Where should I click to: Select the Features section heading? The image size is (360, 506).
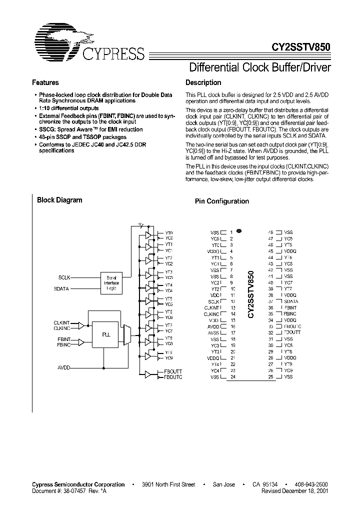click(x=45, y=82)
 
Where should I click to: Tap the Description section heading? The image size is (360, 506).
click(x=203, y=82)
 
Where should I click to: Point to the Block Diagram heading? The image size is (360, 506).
click(x=59, y=200)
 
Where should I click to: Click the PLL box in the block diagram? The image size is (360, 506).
click(x=106, y=334)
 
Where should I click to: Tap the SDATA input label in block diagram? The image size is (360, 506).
click(x=62, y=289)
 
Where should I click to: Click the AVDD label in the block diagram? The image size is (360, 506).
click(x=63, y=367)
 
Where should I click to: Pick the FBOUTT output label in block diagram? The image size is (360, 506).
click(x=173, y=372)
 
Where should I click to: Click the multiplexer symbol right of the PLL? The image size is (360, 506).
click(x=127, y=333)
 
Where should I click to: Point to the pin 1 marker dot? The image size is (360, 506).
click(x=239, y=231)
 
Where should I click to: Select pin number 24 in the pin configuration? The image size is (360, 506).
click(x=232, y=377)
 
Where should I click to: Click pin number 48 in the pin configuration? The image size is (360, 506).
click(x=270, y=232)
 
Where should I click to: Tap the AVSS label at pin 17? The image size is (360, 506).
click(x=213, y=332)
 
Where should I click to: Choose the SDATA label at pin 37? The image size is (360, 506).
click(x=291, y=301)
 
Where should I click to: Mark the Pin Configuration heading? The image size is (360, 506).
click(x=221, y=201)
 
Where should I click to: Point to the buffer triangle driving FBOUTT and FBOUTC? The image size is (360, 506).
click(x=148, y=374)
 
